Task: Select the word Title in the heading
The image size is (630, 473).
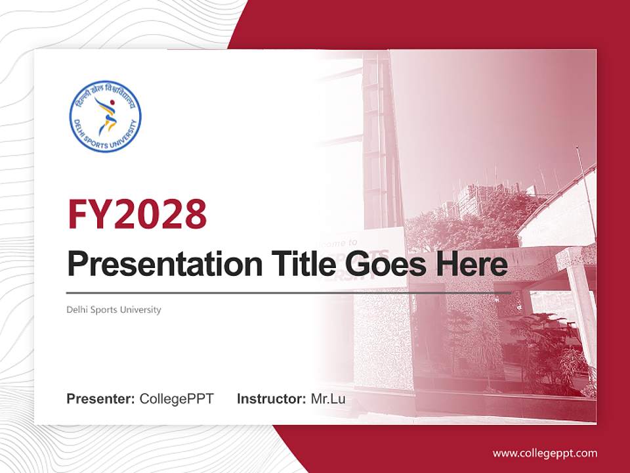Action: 298,264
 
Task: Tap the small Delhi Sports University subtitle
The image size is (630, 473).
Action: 114,309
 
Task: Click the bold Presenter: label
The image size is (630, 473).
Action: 101,399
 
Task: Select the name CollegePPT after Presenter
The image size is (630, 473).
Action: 177,399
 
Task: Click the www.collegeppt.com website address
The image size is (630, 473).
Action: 545,453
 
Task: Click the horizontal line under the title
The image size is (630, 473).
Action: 289,293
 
